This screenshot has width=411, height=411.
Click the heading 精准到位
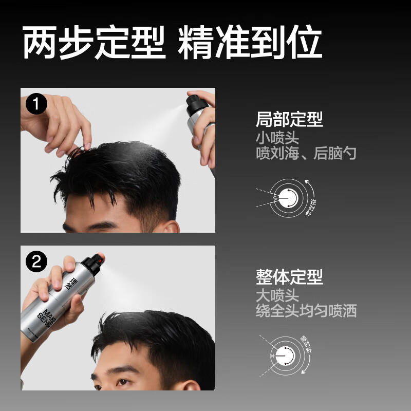coord(250,43)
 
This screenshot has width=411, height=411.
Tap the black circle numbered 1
coord(36,104)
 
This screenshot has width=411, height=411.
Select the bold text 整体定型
coord(289,277)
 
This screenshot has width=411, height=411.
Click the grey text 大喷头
coord(277,295)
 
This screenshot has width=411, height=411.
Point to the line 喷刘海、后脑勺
coord(306,153)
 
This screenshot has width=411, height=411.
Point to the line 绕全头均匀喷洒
coord(306,311)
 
